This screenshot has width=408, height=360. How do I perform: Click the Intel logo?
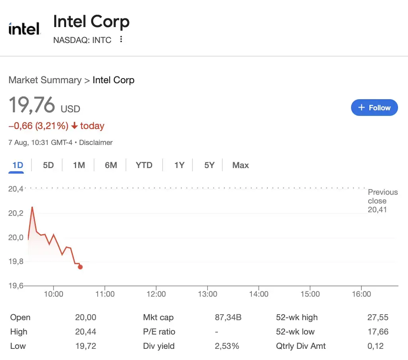pos(24,29)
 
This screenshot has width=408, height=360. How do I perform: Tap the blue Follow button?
pos(374,108)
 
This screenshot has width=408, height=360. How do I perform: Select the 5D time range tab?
pos(48,165)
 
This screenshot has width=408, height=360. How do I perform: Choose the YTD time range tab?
pos(144,165)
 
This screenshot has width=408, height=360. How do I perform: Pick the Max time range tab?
pos(240,165)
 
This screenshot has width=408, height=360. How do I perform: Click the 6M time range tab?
pos(111,165)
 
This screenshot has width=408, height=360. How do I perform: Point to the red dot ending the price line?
pos(80,267)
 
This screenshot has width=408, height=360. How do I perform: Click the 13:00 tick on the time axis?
pos(208,294)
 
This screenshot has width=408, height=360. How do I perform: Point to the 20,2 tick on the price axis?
pos(16,213)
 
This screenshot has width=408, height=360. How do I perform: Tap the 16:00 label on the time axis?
pos(361,294)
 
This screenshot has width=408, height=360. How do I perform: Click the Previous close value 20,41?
pos(377,210)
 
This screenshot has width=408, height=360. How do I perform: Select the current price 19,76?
pos(32,105)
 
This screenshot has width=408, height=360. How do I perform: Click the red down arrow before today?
pos(75,126)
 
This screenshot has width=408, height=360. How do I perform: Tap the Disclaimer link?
pos(96,143)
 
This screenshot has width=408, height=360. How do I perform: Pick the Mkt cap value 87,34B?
pos(228,317)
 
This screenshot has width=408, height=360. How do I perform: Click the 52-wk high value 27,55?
pos(378,317)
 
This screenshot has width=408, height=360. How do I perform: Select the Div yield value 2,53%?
pos(227,346)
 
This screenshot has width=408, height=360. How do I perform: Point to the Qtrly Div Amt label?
pos(301,346)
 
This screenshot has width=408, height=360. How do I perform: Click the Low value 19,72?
pos(86,346)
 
